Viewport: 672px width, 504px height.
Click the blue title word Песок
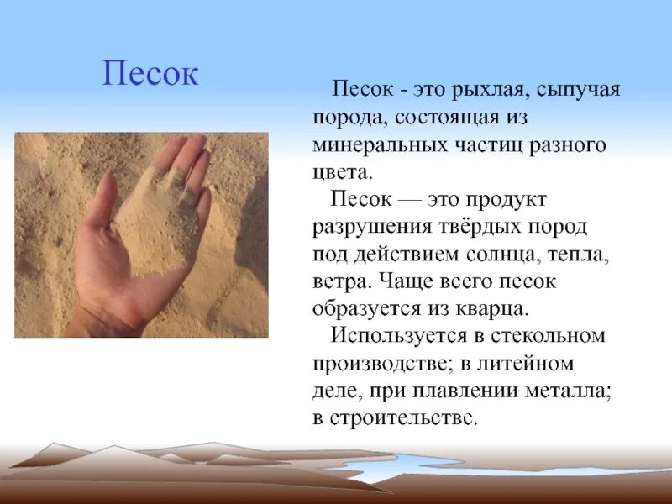click(x=150, y=73)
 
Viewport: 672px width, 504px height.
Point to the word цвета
click(x=340, y=172)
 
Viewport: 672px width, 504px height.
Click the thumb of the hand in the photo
click(x=100, y=210)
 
